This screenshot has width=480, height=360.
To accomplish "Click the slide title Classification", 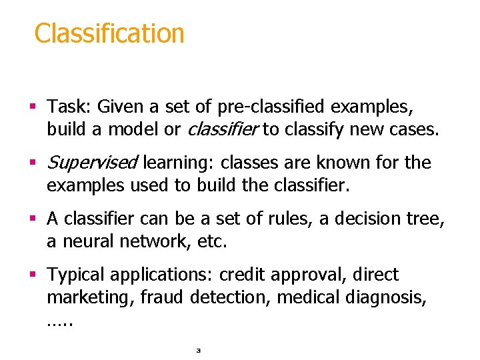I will coord(109,33).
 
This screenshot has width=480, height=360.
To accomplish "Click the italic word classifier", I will coord(221,129).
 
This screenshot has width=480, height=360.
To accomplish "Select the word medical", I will coord(307,297).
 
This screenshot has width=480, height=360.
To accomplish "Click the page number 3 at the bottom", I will coord(198,349).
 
